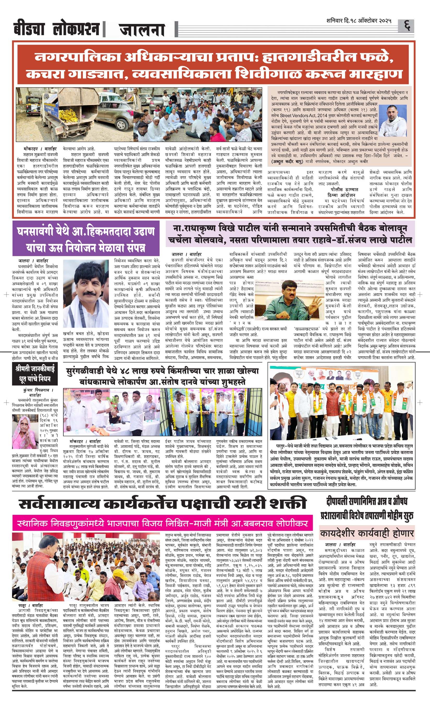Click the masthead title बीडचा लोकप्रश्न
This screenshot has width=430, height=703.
(57, 29)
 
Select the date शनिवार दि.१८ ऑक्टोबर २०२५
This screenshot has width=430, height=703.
(359, 21)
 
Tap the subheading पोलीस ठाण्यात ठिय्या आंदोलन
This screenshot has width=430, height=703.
(342, 192)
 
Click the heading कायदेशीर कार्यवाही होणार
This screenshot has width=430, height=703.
(367, 533)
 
